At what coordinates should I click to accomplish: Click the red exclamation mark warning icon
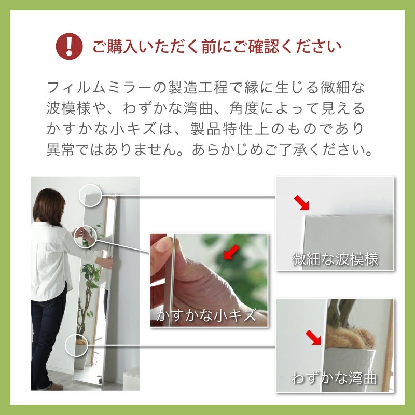[x=69, y=46]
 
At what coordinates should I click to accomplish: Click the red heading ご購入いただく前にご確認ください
[x=217, y=46]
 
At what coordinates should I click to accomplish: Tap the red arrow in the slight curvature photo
[x=314, y=338]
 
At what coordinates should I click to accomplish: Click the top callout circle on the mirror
[x=89, y=196]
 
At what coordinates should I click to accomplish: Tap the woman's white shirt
[x=49, y=259]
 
